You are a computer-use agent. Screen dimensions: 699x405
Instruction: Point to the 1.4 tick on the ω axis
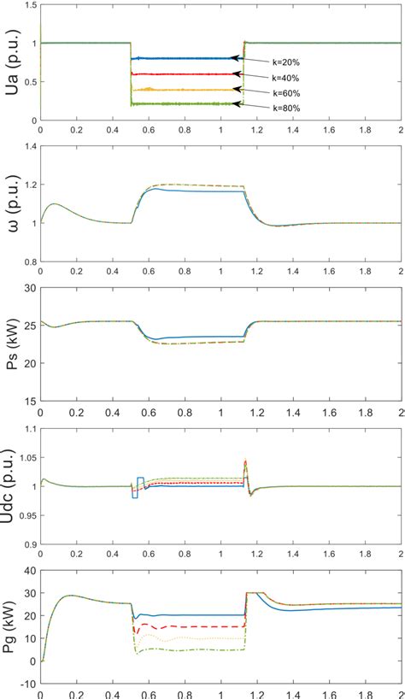point(30,147)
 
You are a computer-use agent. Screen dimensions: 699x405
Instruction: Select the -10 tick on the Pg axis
point(28,684)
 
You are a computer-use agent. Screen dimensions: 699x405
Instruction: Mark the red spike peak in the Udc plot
point(245,461)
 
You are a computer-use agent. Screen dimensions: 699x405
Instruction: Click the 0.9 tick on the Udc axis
point(30,543)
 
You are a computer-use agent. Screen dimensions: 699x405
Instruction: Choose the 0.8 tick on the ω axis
point(30,261)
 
